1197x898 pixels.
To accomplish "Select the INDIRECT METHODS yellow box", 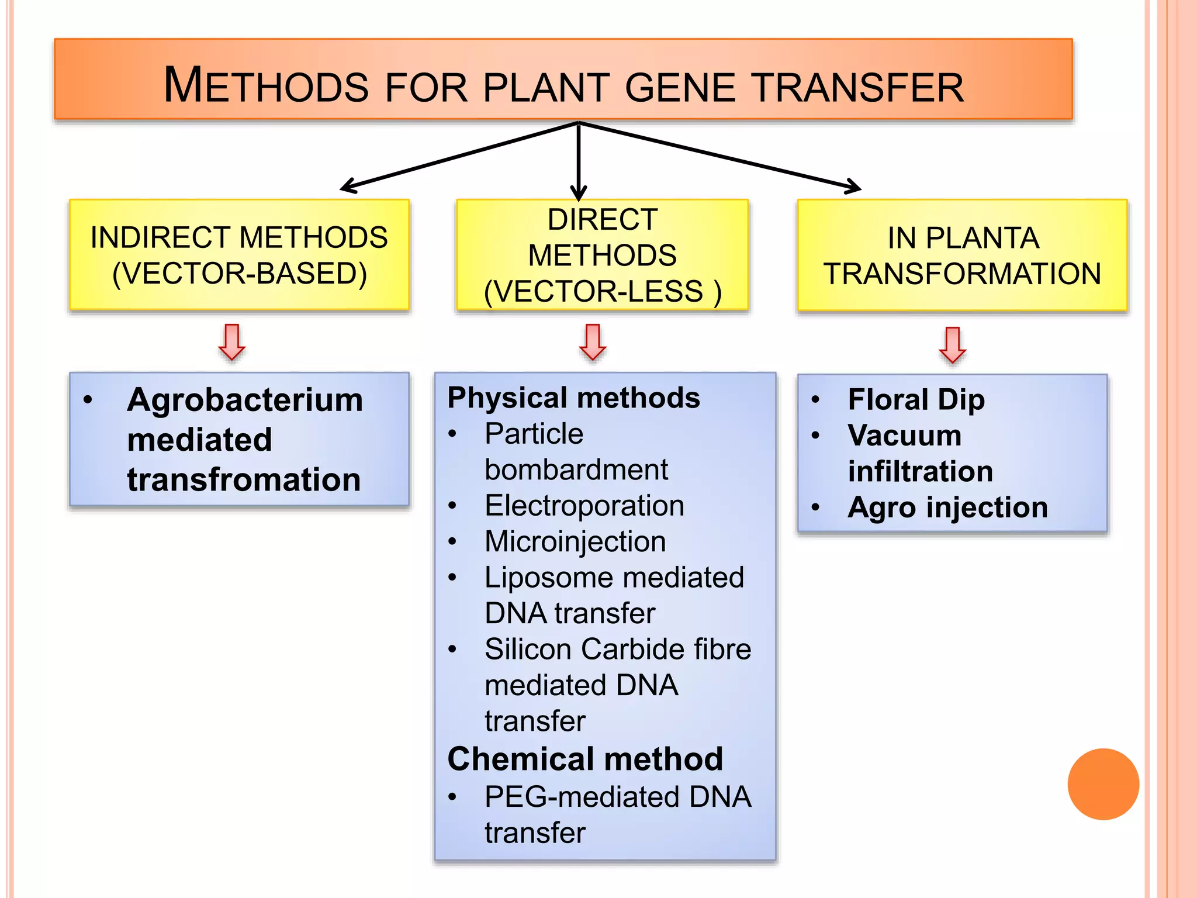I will click(x=239, y=255).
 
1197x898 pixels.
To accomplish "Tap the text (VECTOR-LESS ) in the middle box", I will click(x=603, y=291).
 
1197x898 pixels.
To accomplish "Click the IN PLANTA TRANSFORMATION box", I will click(x=962, y=255).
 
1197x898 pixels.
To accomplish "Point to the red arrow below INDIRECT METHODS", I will click(x=232, y=342).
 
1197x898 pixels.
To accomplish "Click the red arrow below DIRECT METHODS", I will click(x=593, y=342).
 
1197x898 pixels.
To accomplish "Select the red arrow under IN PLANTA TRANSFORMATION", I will click(x=952, y=345).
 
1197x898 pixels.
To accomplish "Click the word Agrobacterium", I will click(x=245, y=400).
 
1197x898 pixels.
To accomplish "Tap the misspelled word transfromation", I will click(x=244, y=479).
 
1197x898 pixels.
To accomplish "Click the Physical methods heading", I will click(x=573, y=398).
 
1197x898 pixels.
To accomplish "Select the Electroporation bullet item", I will click(x=584, y=505).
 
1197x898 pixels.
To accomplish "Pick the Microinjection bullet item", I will click(x=575, y=541).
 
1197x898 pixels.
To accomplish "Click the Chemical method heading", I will click(x=585, y=759).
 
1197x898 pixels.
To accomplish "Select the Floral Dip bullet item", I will click(x=916, y=400).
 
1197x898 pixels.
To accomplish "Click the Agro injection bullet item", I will click(x=947, y=507).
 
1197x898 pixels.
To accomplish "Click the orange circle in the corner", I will click(x=1103, y=784).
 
